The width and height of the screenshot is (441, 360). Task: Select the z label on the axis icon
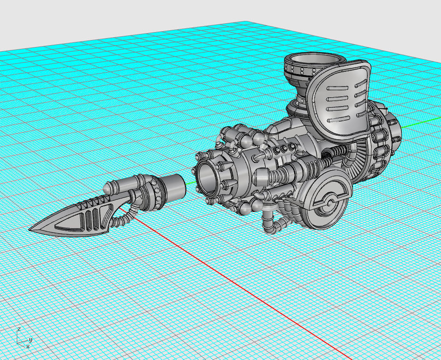pyautogui.click(x=19, y=329)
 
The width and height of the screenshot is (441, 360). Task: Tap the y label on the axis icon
pyautogui.click(x=30, y=340)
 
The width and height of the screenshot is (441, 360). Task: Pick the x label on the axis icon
pyautogui.click(x=28, y=346)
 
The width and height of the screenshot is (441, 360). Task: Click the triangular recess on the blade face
pyautogui.click(x=70, y=225)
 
